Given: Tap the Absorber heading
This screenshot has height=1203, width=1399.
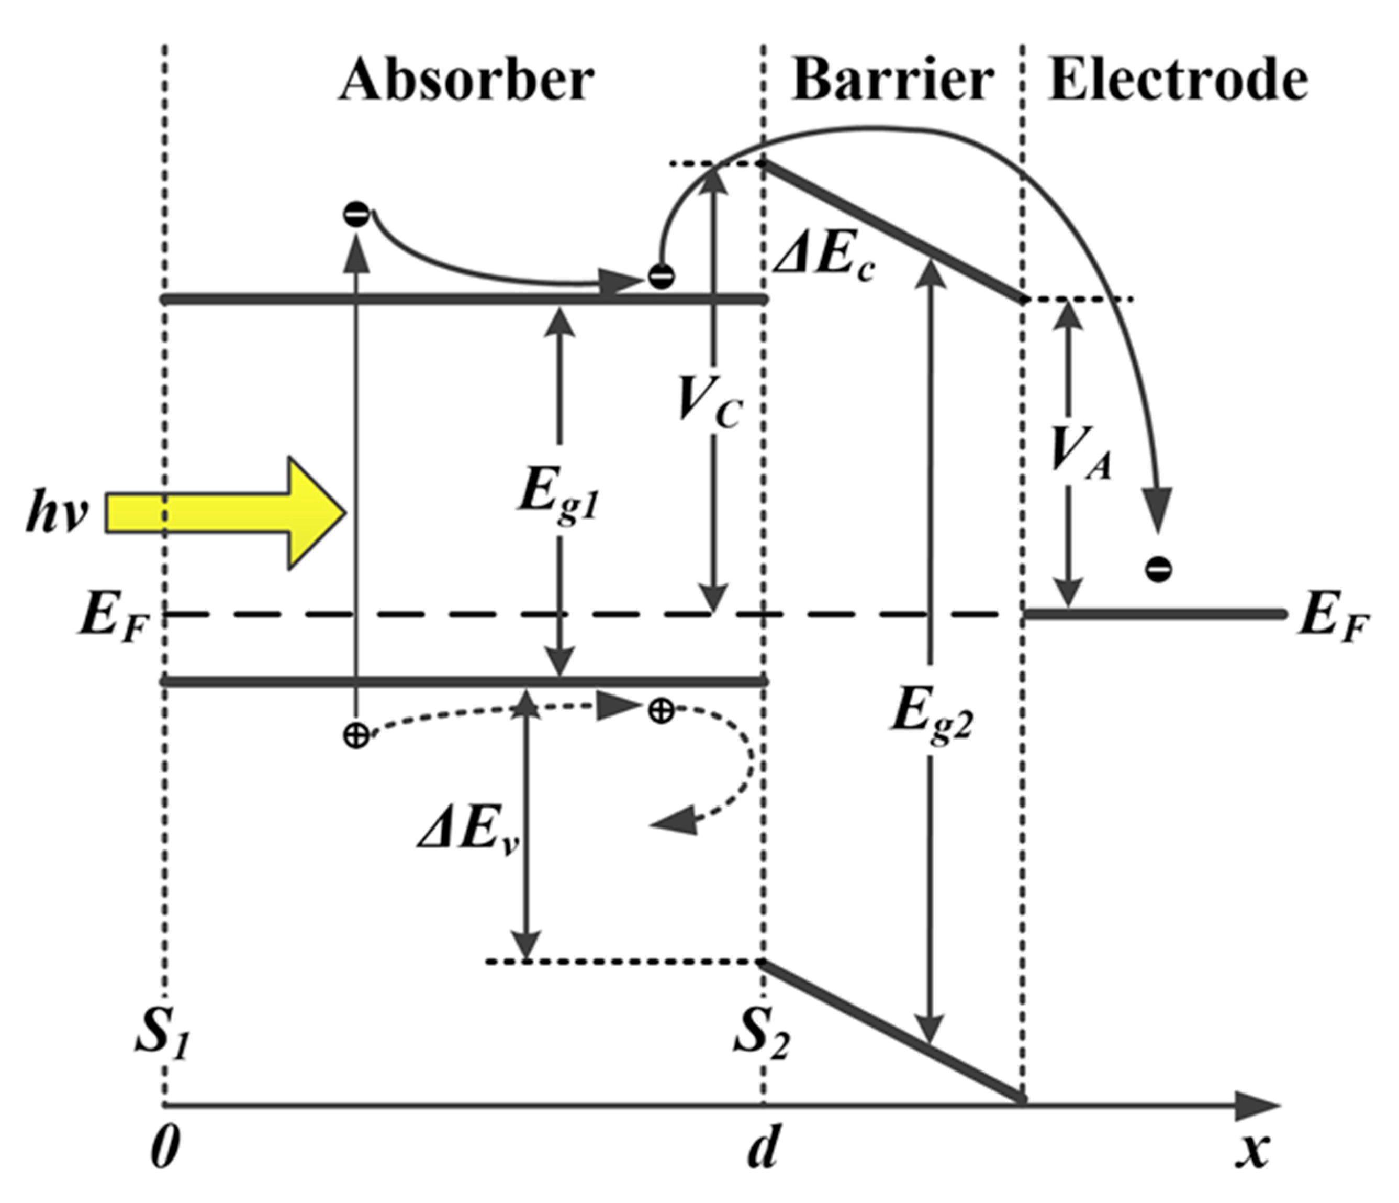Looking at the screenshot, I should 466,80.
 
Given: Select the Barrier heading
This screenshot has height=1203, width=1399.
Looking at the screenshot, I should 892,80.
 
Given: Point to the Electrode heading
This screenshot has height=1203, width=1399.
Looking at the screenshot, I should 1178,80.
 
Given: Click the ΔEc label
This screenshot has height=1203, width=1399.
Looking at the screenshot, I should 824,257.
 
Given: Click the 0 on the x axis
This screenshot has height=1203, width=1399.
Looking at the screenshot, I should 164,1149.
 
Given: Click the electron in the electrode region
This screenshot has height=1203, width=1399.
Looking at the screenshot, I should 1157,569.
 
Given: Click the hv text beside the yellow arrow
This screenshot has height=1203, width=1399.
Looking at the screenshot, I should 58,515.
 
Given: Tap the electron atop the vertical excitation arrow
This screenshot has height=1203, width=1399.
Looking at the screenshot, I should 356,215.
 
